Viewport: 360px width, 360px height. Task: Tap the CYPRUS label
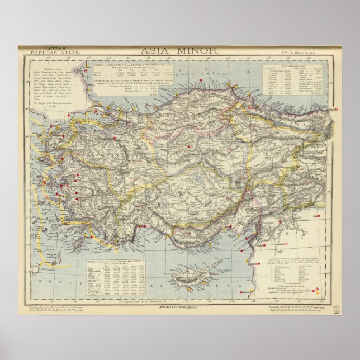tap(207, 269)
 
